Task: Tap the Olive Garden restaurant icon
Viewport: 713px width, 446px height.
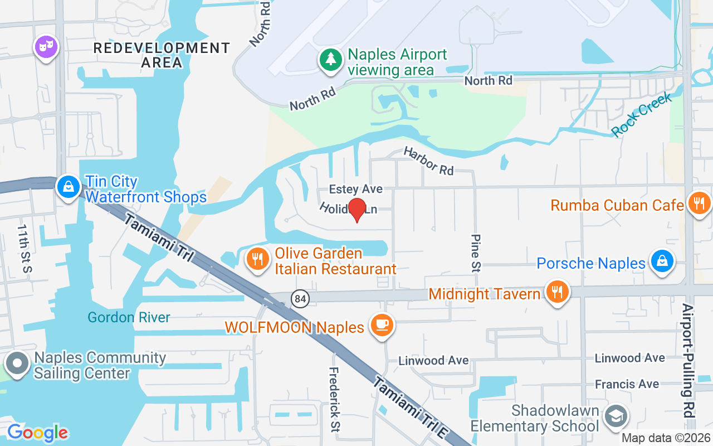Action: (257, 259)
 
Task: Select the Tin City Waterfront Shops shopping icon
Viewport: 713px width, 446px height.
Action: (68, 187)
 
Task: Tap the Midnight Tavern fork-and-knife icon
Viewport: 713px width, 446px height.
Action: (556, 291)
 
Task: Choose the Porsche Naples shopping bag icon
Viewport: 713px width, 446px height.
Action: (662, 260)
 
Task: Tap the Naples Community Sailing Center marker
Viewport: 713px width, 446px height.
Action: (17, 363)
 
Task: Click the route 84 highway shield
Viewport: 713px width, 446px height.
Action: (300, 299)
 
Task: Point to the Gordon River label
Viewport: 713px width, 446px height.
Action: (129, 317)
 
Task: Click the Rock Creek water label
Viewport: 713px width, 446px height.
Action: (641, 114)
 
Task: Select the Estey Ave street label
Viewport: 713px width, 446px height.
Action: (355, 190)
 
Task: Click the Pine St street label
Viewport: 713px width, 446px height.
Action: (475, 252)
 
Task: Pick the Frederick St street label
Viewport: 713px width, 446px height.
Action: (334, 399)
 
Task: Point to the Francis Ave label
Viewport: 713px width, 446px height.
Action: (626, 384)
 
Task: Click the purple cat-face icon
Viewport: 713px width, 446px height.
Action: (46, 46)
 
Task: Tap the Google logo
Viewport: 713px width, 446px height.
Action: (37, 432)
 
